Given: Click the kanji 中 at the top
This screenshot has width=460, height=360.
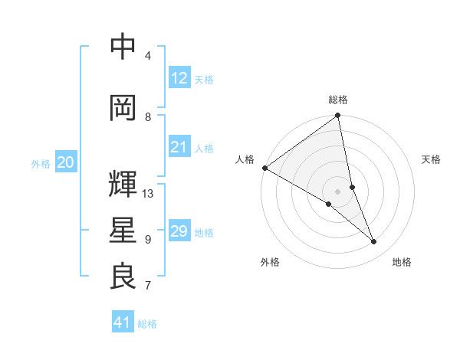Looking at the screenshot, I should pyautogui.click(x=123, y=47).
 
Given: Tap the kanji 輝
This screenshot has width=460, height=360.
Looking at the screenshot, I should pyautogui.click(x=123, y=184).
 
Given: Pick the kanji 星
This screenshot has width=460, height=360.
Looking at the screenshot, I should pyautogui.click(x=123, y=231).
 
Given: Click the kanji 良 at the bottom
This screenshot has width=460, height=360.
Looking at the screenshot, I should pyautogui.click(x=123, y=277).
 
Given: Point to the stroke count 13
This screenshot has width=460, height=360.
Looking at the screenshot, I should pyautogui.click(x=148, y=194).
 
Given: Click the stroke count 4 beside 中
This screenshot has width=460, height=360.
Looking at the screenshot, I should pyautogui.click(x=148, y=56).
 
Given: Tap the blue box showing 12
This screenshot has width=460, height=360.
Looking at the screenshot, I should pyautogui.click(x=179, y=78).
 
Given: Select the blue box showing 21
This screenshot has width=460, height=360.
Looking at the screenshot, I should pyautogui.click(x=179, y=147).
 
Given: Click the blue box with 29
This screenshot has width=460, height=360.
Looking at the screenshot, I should pyautogui.click(x=179, y=231).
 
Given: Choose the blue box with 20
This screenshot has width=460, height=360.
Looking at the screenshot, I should pyautogui.click(x=65, y=162).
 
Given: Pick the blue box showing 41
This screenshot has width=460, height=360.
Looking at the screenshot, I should pyautogui.click(x=123, y=322).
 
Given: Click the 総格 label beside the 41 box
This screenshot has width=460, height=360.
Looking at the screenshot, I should pyautogui.click(x=147, y=324).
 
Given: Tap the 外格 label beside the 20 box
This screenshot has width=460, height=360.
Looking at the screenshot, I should pyautogui.click(x=41, y=163).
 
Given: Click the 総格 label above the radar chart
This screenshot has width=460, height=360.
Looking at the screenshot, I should pyautogui.click(x=338, y=100).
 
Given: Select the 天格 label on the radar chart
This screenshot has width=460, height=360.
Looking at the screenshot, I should pyautogui.click(x=431, y=159).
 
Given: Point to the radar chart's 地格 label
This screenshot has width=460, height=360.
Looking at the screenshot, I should pyautogui.click(x=402, y=263).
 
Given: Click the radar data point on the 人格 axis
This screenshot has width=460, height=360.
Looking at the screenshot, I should pyautogui.click(x=264, y=168).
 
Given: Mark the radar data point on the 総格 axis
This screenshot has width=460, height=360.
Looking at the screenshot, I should pyautogui.click(x=338, y=116).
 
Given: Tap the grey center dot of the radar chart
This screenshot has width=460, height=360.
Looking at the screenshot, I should pyautogui.click(x=338, y=191).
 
